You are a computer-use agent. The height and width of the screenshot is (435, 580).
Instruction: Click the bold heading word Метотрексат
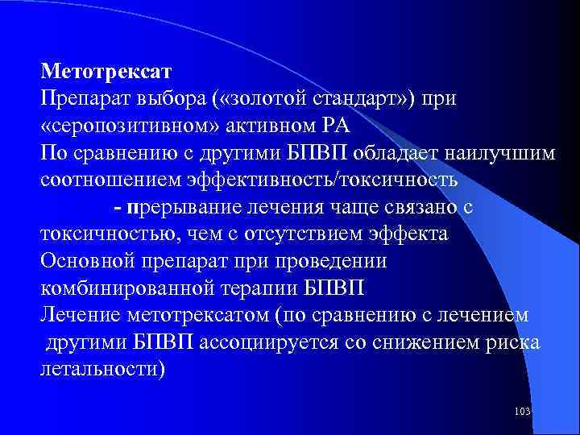click(97, 71)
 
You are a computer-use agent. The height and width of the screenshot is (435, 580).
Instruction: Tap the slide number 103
click(522, 412)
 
